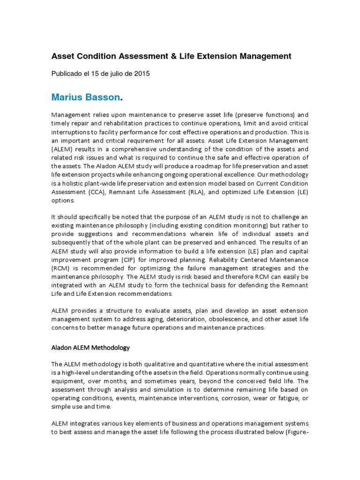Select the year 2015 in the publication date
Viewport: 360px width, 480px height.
click(x=142, y=74)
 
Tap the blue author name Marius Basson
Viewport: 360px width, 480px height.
click(x=86, y=97)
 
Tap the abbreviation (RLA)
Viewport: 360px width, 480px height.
click(x=187, y=191)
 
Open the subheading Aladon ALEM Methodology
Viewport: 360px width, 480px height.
click(x=90, y=348)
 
